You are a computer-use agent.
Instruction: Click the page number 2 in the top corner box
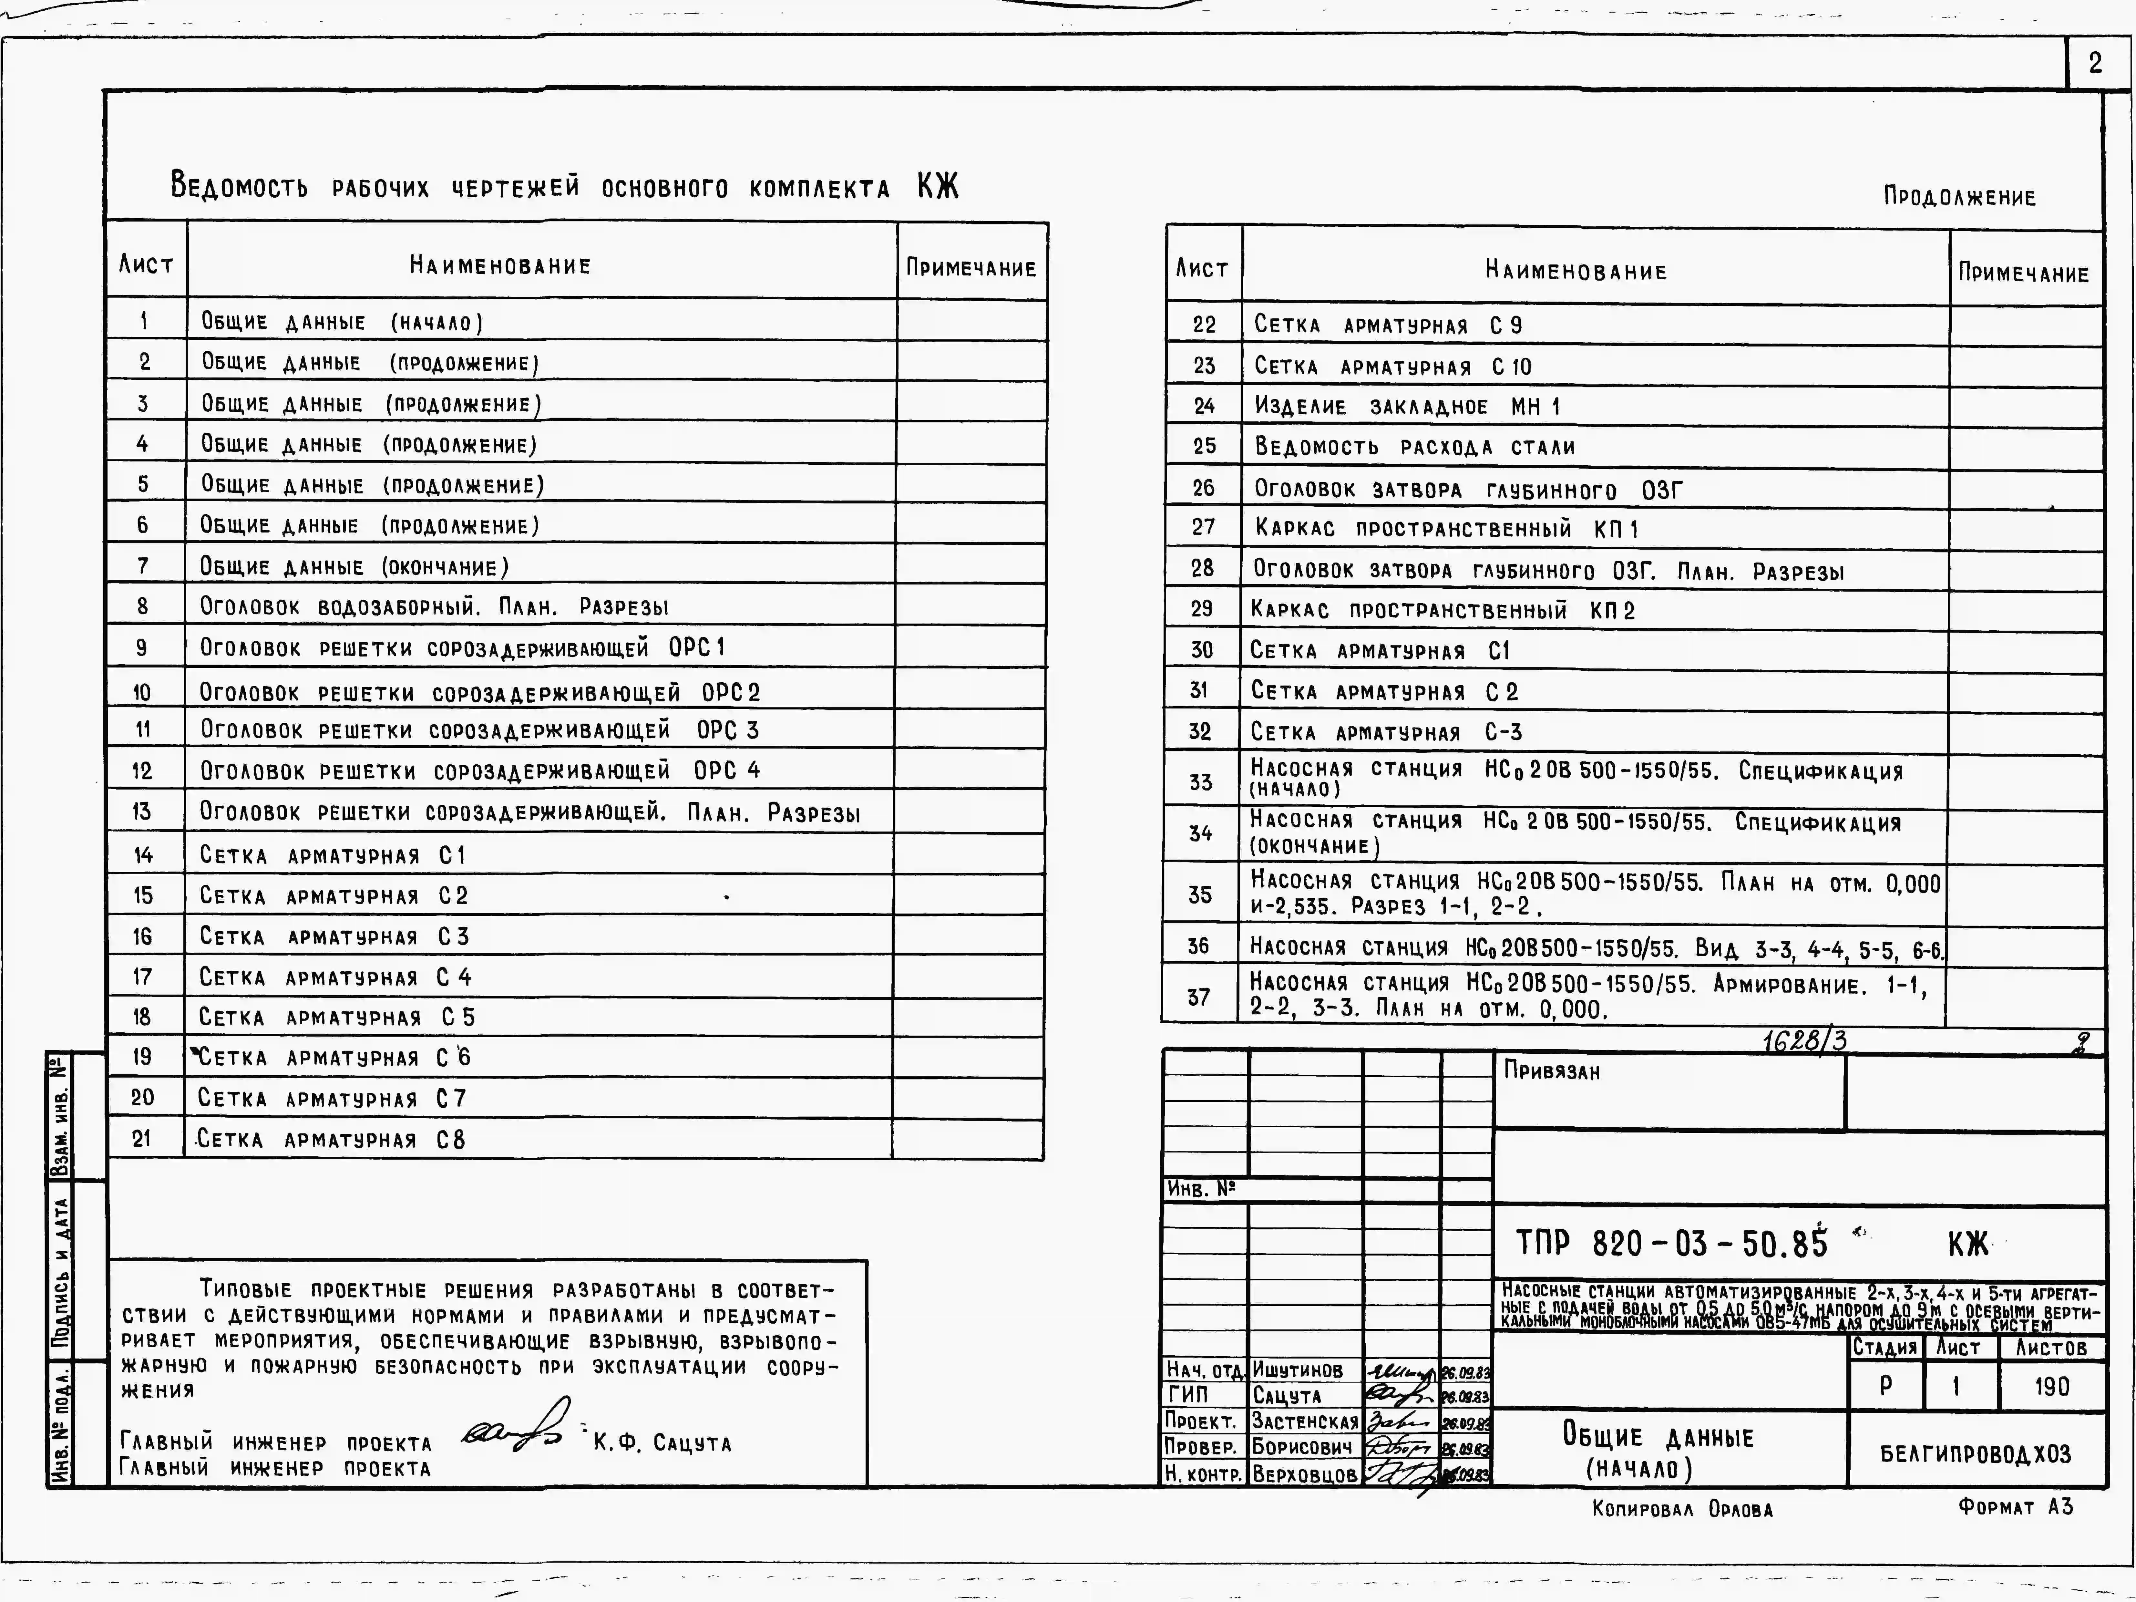(x=2094, y=64)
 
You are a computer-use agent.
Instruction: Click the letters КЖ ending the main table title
(x=938, y=186)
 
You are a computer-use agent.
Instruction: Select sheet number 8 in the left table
(x=143, y=606)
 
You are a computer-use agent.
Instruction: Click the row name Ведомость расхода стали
(x=1414, y=447)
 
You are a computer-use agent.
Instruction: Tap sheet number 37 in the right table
(x=1198, y=997)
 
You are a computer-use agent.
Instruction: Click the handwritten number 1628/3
(x=1804, y=1040)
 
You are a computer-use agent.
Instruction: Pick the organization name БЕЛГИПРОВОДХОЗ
(x=1975, y=1454)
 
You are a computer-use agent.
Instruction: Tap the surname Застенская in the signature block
(x=1305, y=1421)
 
